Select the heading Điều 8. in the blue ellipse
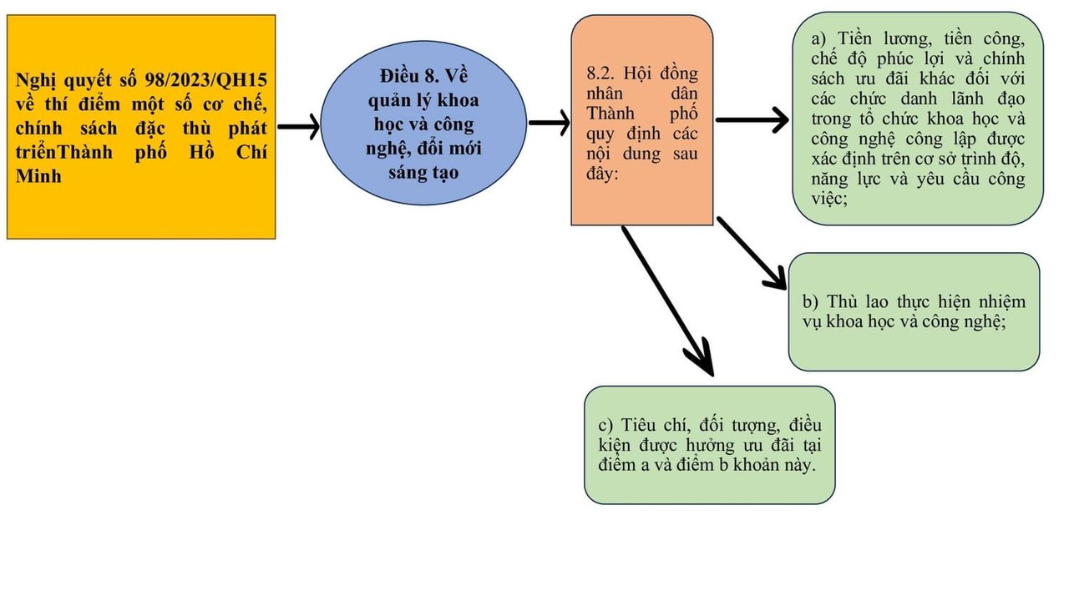click(x=407, y=74)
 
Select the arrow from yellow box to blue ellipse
click(x=298, y=127)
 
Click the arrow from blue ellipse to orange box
click(x=549, y=124)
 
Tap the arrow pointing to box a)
click(x=752, y=120)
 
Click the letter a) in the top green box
click(x=819, y=39)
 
